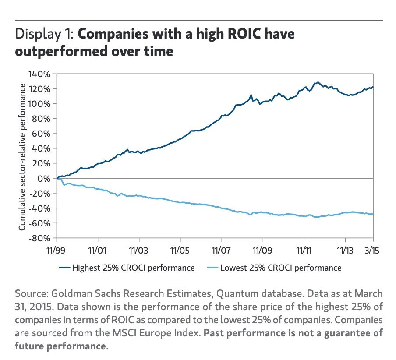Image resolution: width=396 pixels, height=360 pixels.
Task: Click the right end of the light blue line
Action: click(373, 214)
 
